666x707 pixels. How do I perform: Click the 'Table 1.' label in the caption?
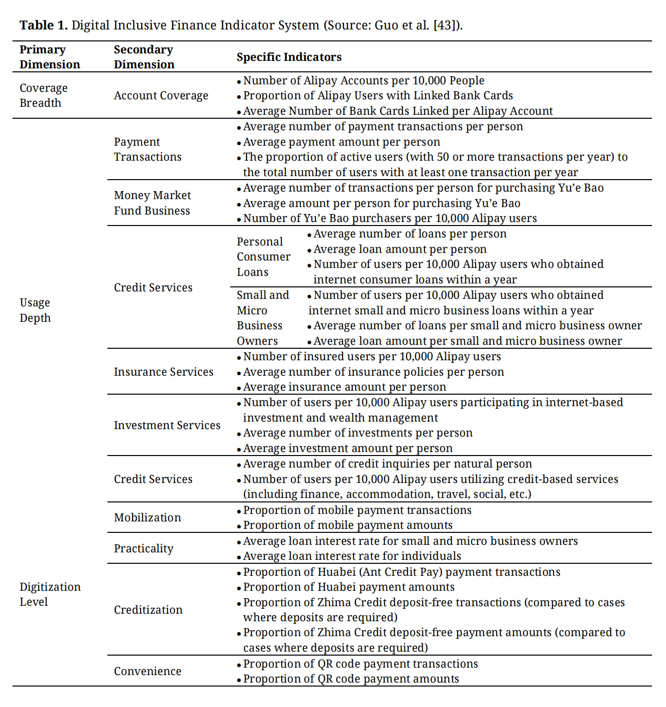click(x=43, y=25)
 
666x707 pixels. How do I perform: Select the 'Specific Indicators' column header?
click(x=289, y=57)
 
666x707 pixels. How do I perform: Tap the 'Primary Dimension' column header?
click(x=49, y=57)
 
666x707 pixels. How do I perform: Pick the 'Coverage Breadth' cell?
click(x=43, y=95)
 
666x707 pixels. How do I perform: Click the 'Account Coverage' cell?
click(x=161, y=96)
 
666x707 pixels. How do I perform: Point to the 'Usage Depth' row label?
click(x=35, y=310)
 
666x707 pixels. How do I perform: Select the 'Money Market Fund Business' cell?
click(x=152, y=203)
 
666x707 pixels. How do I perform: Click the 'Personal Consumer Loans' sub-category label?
click(x=263, y=257)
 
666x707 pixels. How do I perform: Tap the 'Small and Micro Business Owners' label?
click(x=263, y=318)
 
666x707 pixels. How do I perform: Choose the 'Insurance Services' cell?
click(x=163, y=372)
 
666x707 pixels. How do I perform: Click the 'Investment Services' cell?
click(x=167, y=426)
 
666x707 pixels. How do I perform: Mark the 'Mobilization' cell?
click(x=147, y=518)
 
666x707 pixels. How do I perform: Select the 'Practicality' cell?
click(x=143, y=549)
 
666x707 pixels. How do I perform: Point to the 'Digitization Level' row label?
click(x=50, y=594)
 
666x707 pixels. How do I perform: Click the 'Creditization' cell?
click(x=148, y=610)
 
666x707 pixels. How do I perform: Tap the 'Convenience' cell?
click(x=147, y=672)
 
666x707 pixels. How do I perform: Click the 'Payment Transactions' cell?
click(x=147, y=150)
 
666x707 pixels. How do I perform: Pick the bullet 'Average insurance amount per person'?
click(x=344, y=387)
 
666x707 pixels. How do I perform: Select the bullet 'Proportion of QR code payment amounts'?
click(x=351, y=679)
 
